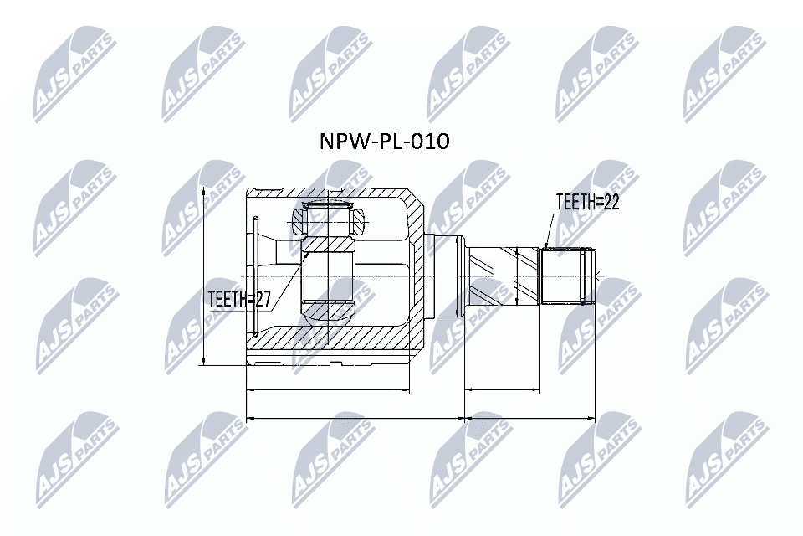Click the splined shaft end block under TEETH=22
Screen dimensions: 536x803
[x=566, y=276]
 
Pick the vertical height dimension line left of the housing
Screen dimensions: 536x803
[x=204, y=276]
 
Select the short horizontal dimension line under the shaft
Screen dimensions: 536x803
[x=502, y=389]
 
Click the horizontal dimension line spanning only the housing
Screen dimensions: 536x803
[x=328, y=389]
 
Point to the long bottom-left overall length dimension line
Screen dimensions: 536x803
[x=355, y=416]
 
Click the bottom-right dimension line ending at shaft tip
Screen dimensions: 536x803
[x=529, y=416]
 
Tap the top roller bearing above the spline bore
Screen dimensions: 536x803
[x=328, y=219]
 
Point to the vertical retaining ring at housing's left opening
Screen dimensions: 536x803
[x=255, y=276]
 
